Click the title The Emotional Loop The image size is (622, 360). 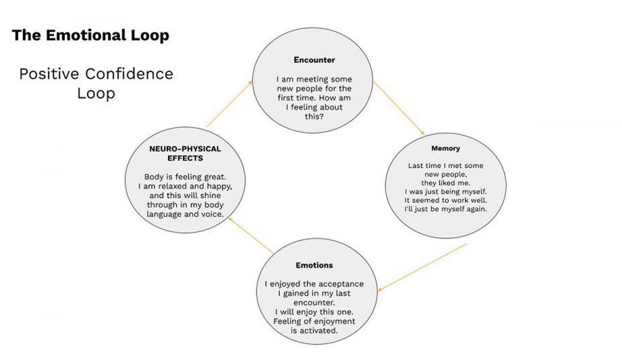coord(91,36)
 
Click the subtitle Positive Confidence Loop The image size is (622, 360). coord(96,83)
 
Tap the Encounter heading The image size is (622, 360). coord(314,60)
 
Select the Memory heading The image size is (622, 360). coord(445,149)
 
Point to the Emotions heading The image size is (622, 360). coord(314,265)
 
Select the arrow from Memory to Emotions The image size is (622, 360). coord(423,266)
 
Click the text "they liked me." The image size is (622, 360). coord(445,183)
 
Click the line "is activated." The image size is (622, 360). coord(314,331)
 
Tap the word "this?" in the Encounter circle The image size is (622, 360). coord(314,117)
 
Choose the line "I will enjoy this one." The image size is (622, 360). coord(314,312)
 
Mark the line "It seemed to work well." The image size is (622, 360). coord(445,200)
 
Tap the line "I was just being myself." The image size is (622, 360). coord(445,191)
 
